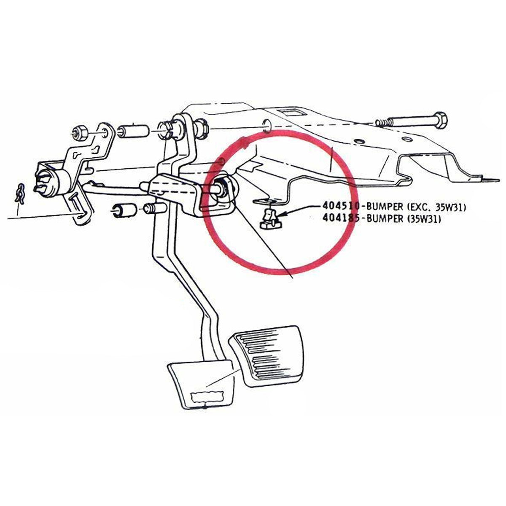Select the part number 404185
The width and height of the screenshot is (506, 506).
coord(341,218)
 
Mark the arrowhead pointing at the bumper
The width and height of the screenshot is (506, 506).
coord(280,214)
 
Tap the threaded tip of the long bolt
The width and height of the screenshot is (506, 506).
coord(382,122)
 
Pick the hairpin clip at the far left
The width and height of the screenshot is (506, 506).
coord(20,194)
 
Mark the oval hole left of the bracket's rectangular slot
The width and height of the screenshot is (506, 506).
coord(266,126)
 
